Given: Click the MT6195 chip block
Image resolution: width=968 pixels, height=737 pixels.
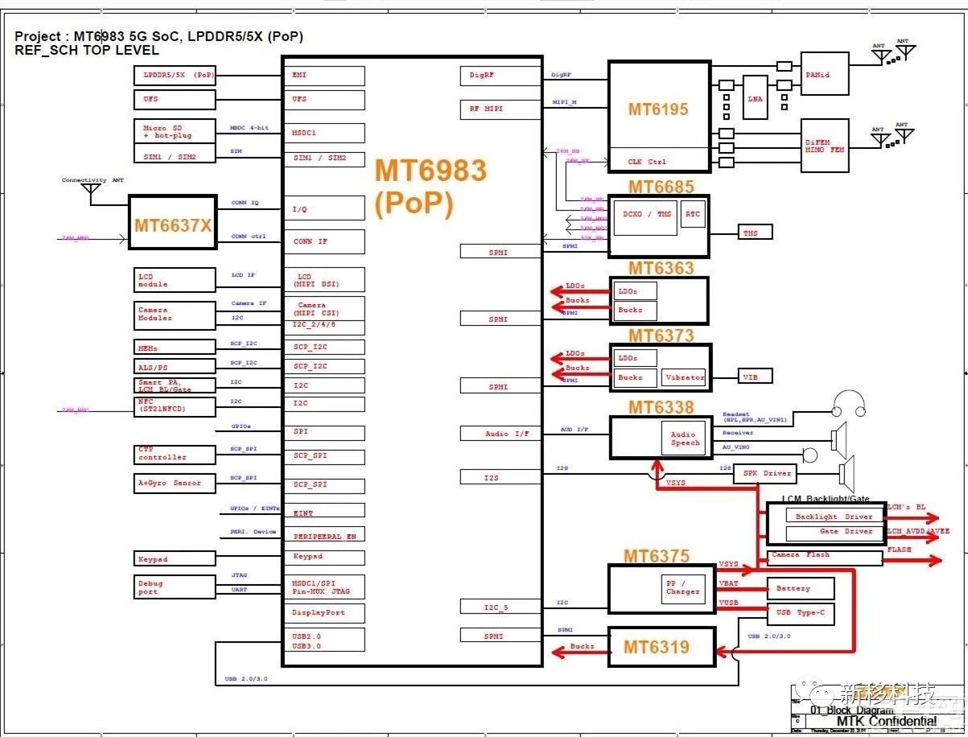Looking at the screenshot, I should click(658, 109).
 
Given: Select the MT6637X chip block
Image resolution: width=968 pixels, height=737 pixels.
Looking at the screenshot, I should click(173, 226).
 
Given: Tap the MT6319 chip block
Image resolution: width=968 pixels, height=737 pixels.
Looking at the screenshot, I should click(661, 646).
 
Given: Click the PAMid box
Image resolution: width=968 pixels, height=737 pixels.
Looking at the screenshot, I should click(824, 74).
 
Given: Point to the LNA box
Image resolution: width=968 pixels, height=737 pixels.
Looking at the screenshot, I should click(755, 97).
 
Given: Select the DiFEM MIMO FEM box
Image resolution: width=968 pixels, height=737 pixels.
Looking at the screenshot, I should click(824, 146).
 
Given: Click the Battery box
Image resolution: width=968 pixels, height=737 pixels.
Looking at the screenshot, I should click(800, 589).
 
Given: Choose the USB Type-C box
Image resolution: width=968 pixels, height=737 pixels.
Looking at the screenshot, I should click(800, 613).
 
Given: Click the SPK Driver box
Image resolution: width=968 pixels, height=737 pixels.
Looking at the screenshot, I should click(765, 473).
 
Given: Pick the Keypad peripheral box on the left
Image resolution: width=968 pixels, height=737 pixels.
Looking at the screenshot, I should click(175, 558).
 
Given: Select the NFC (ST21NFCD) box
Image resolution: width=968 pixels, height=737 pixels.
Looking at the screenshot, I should click(175, 406).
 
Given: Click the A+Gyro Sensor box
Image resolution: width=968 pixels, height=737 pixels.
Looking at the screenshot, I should click(175, 483).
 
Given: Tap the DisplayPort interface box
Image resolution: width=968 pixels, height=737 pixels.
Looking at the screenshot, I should click(323, 612).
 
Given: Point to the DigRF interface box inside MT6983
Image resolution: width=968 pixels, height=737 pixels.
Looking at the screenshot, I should click(500, 76).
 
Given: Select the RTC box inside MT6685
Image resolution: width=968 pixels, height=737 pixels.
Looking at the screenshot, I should click(692, 215).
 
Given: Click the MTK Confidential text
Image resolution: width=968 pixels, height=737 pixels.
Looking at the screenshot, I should click(886, 721).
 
